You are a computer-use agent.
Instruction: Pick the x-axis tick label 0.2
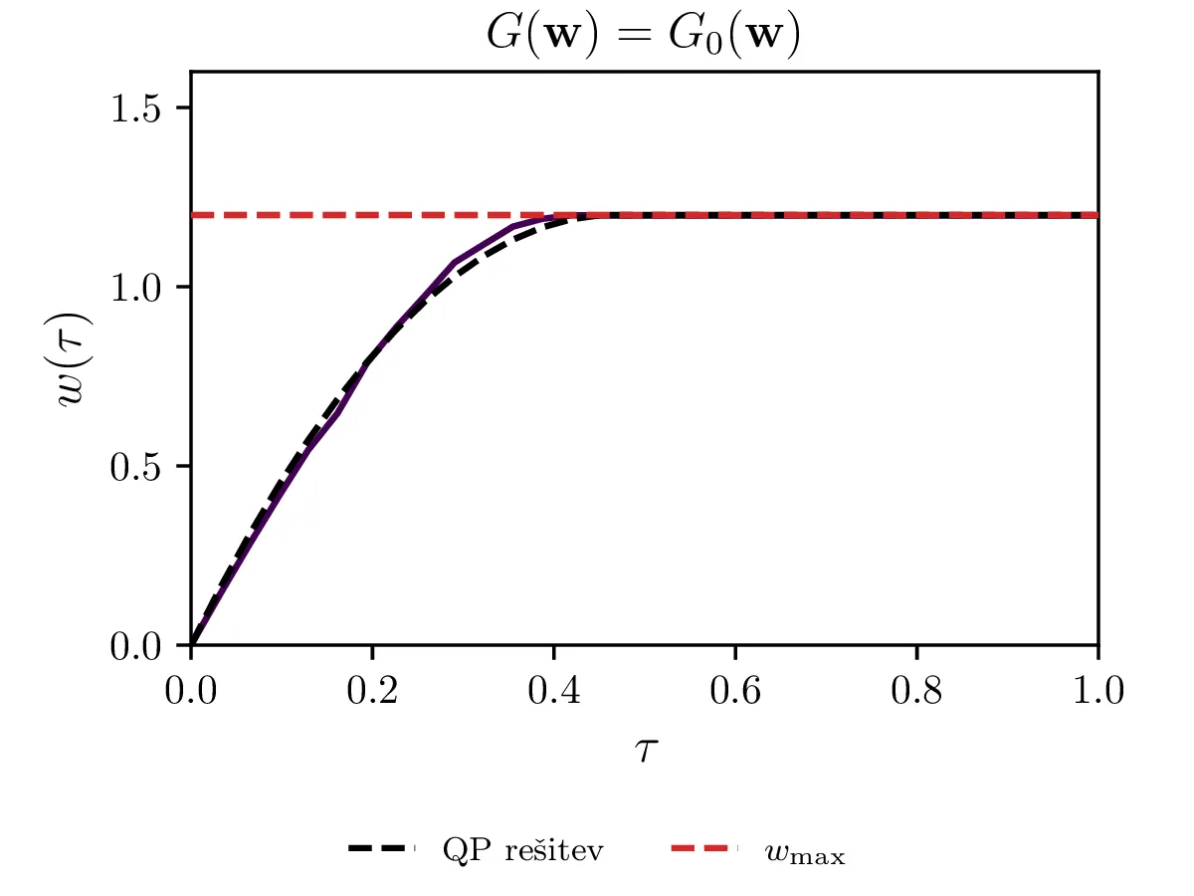pyautogui.click(x=372, y=690)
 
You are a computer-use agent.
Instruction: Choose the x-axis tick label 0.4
pyautogui.click(x=553, y=690)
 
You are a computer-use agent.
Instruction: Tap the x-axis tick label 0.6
pyautogui.click(x=735, y=690)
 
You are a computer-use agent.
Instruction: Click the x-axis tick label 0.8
pyautogui.click(x=916, y=690)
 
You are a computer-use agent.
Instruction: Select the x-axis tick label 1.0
pyautogui.click(x=1097, y=690)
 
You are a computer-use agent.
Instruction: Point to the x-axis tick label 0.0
pyautogui.click(x=191, y=690)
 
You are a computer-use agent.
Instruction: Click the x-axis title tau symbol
pyautogui.click(x=644, y=749)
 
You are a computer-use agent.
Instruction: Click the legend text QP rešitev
pyautogui.click(x=522, y=851)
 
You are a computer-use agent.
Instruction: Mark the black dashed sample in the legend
pyautogui.click(x=381, y=850)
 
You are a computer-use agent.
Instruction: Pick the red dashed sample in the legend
pyautogui.click(x=704, y=850)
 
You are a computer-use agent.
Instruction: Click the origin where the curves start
pyautogui.click(x=191, y=645)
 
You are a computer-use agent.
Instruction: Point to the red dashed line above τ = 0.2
pyautogui.click(x=372, y=215)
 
